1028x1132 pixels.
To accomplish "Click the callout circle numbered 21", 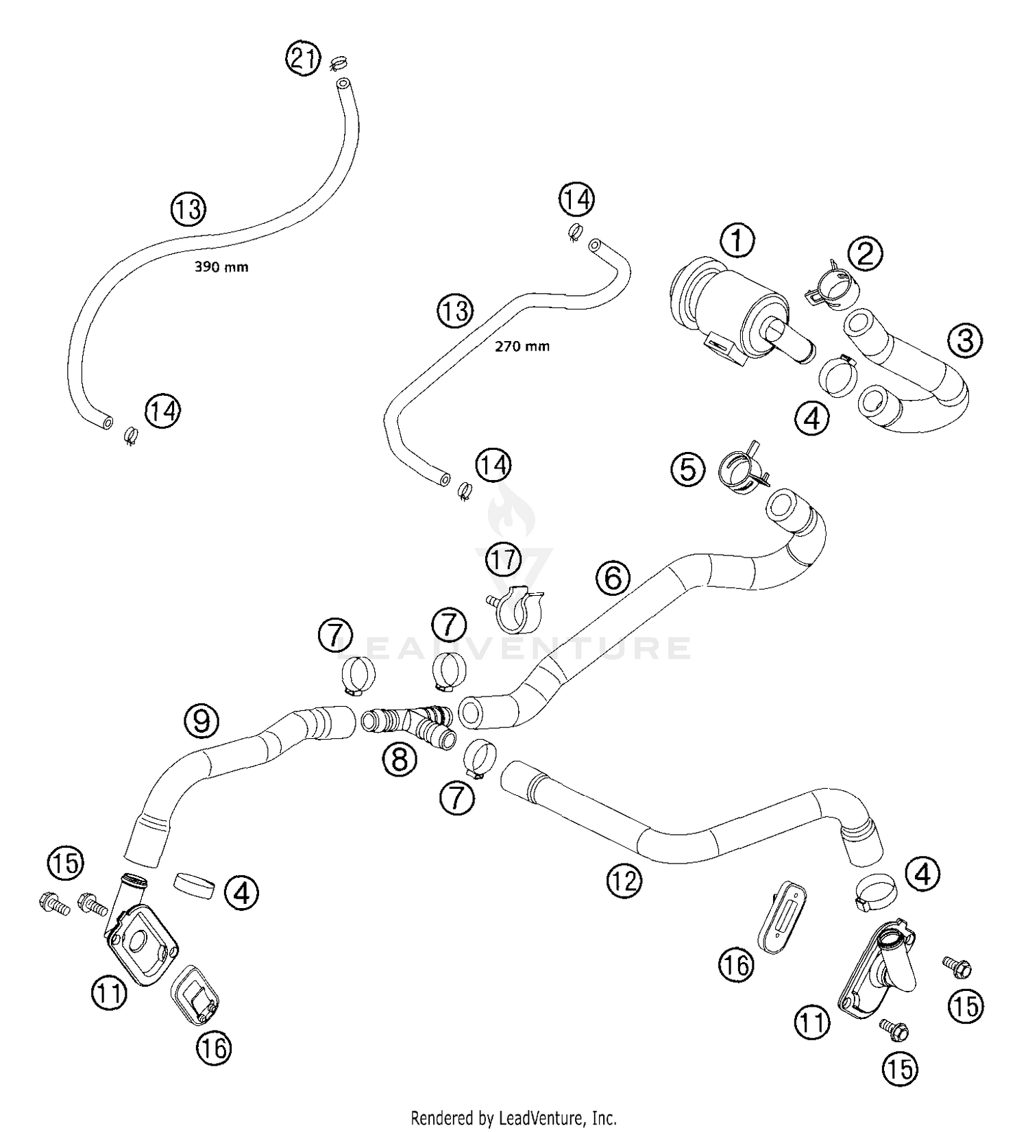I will [303, 58].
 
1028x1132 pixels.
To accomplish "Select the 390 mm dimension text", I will [221, 267].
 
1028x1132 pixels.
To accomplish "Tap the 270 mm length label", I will [522, 347].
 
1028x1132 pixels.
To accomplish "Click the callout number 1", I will [737, 240].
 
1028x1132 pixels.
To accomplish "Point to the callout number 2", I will [865, 253].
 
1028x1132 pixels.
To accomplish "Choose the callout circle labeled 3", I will [965, 340].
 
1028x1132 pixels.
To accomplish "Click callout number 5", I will [687, 470].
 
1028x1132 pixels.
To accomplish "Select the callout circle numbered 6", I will [613, 577].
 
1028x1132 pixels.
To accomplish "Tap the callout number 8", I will [400, 759].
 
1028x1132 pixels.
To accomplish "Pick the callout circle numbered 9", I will [201, 720].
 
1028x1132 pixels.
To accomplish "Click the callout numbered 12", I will [624, 881].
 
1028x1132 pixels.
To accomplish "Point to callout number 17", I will [503, 560].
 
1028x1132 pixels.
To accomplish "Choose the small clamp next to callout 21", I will [337, 64].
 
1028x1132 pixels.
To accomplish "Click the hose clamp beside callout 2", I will [831, 288].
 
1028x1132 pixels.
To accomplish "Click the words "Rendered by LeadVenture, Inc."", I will [513, 1118].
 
